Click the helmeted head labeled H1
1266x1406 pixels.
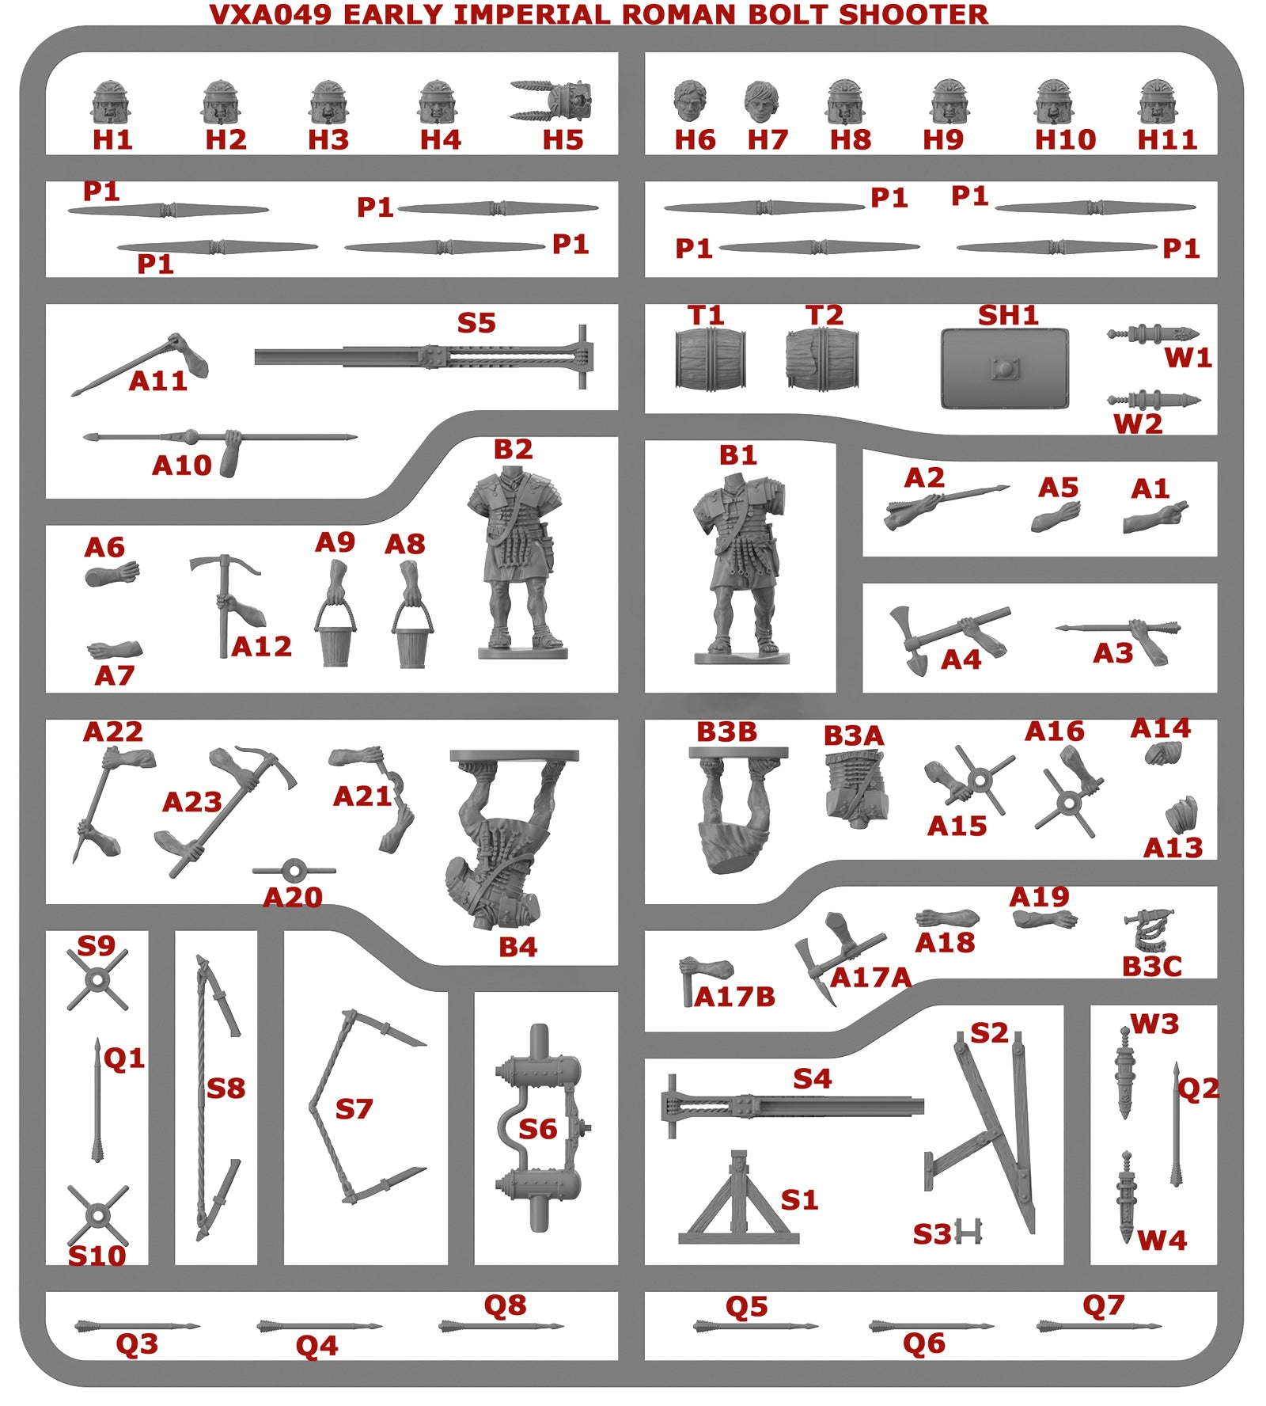[111, 103]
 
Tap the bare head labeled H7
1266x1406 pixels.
[761, 102]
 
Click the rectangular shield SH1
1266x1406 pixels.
[1005, 368]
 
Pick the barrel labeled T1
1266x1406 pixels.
[710, 359]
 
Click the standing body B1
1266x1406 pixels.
[741, 568]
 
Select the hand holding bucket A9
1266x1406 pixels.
[335, 614]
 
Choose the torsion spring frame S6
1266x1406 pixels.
[540, 1127]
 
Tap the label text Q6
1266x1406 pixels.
[924, 1343]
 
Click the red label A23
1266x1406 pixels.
[191, 802]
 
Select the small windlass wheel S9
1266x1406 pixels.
[97, 980]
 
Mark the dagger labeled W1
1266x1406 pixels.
[1153, 334]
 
